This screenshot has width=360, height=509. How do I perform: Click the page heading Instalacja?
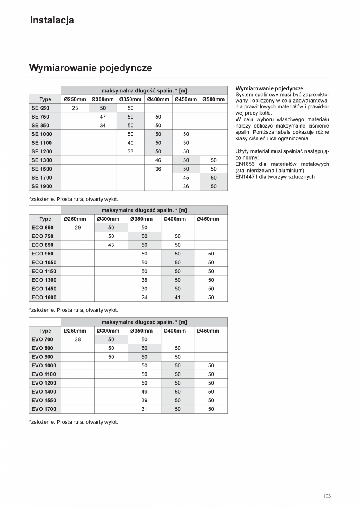(x=52, y=20)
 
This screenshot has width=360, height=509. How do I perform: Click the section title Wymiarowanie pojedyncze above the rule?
(x=90, y=68)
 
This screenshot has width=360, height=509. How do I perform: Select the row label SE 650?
(x=40, y=108)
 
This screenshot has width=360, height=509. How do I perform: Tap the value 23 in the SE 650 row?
(x=75, y=108)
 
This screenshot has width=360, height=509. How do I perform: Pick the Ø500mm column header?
(x=214, y=99)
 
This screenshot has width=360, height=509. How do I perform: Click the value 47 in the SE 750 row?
(x=103, y=117)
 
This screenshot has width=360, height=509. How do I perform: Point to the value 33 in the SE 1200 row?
(x=130, y=151)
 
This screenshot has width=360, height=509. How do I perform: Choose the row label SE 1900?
(x=41, y=186)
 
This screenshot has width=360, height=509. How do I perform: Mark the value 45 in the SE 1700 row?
(x=186, y=178)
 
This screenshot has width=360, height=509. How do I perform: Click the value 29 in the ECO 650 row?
(x=78, y=228)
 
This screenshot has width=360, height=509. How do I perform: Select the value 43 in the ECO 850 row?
(x=111, y=245)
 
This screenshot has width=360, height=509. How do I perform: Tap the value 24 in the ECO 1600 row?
(x=144, y=297)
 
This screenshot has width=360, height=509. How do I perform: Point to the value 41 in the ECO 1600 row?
(x=178, y=297)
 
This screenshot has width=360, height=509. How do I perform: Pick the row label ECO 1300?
(x=44, y=280)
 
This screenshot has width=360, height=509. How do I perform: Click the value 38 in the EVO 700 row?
(x=78, y=340)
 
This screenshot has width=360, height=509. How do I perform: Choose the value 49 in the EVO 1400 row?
(x=144, y=392)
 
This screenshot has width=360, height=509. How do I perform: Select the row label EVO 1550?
(x=44, y=400)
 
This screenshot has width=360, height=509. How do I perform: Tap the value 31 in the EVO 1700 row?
(x=144, y=409)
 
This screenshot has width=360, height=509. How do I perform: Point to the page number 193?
(x=327, y=496)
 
